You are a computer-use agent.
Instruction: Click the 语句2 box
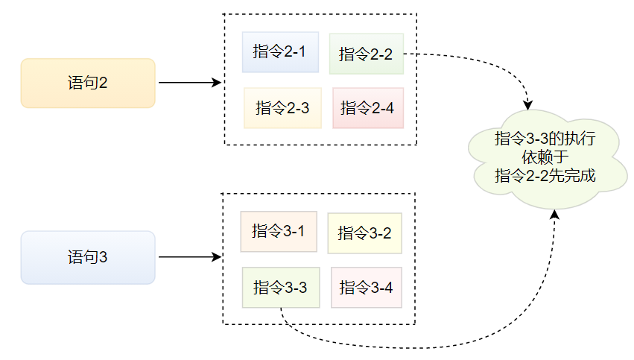88,83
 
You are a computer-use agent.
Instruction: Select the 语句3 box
88,257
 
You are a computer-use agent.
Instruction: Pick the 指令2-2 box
366,54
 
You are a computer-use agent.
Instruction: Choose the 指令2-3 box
282,108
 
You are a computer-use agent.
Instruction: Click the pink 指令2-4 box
367,108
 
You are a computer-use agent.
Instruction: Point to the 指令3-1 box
279,231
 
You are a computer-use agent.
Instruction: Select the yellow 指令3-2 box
364,233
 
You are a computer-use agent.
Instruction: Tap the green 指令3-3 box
281,287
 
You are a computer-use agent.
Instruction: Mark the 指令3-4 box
366,287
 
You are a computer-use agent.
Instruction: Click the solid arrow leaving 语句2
190,83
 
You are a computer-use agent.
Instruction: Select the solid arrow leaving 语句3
190,257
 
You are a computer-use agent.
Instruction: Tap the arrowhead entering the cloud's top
529,104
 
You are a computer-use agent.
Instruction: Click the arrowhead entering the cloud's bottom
554,215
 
